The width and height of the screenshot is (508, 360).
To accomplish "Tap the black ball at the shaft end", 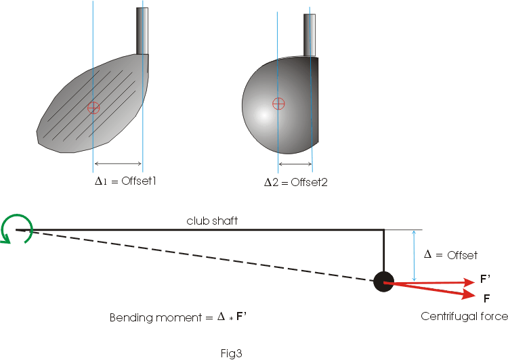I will (383, 282).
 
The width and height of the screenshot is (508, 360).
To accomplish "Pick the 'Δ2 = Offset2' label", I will (296, 182).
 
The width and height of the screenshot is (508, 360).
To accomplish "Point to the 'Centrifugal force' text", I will (464, 316).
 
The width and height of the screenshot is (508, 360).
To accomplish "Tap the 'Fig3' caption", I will (231, 353).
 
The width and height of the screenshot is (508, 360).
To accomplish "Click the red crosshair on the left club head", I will (93, 107).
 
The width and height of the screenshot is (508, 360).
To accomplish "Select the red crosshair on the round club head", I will (278, 104).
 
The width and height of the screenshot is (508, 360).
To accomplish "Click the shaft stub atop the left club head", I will (143, 30).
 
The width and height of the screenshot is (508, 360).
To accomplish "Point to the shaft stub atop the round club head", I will (310, 35).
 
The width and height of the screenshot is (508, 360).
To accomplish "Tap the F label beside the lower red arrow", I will (486, 298).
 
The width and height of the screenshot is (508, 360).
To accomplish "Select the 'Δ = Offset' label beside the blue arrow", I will (450, 255).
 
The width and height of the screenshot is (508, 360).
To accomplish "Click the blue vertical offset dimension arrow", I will (412, 256).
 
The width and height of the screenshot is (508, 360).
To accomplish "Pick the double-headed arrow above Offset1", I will (118, 164).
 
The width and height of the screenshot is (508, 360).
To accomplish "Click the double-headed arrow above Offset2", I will (295, 164).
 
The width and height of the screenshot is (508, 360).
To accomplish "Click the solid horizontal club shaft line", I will (203, 230).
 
